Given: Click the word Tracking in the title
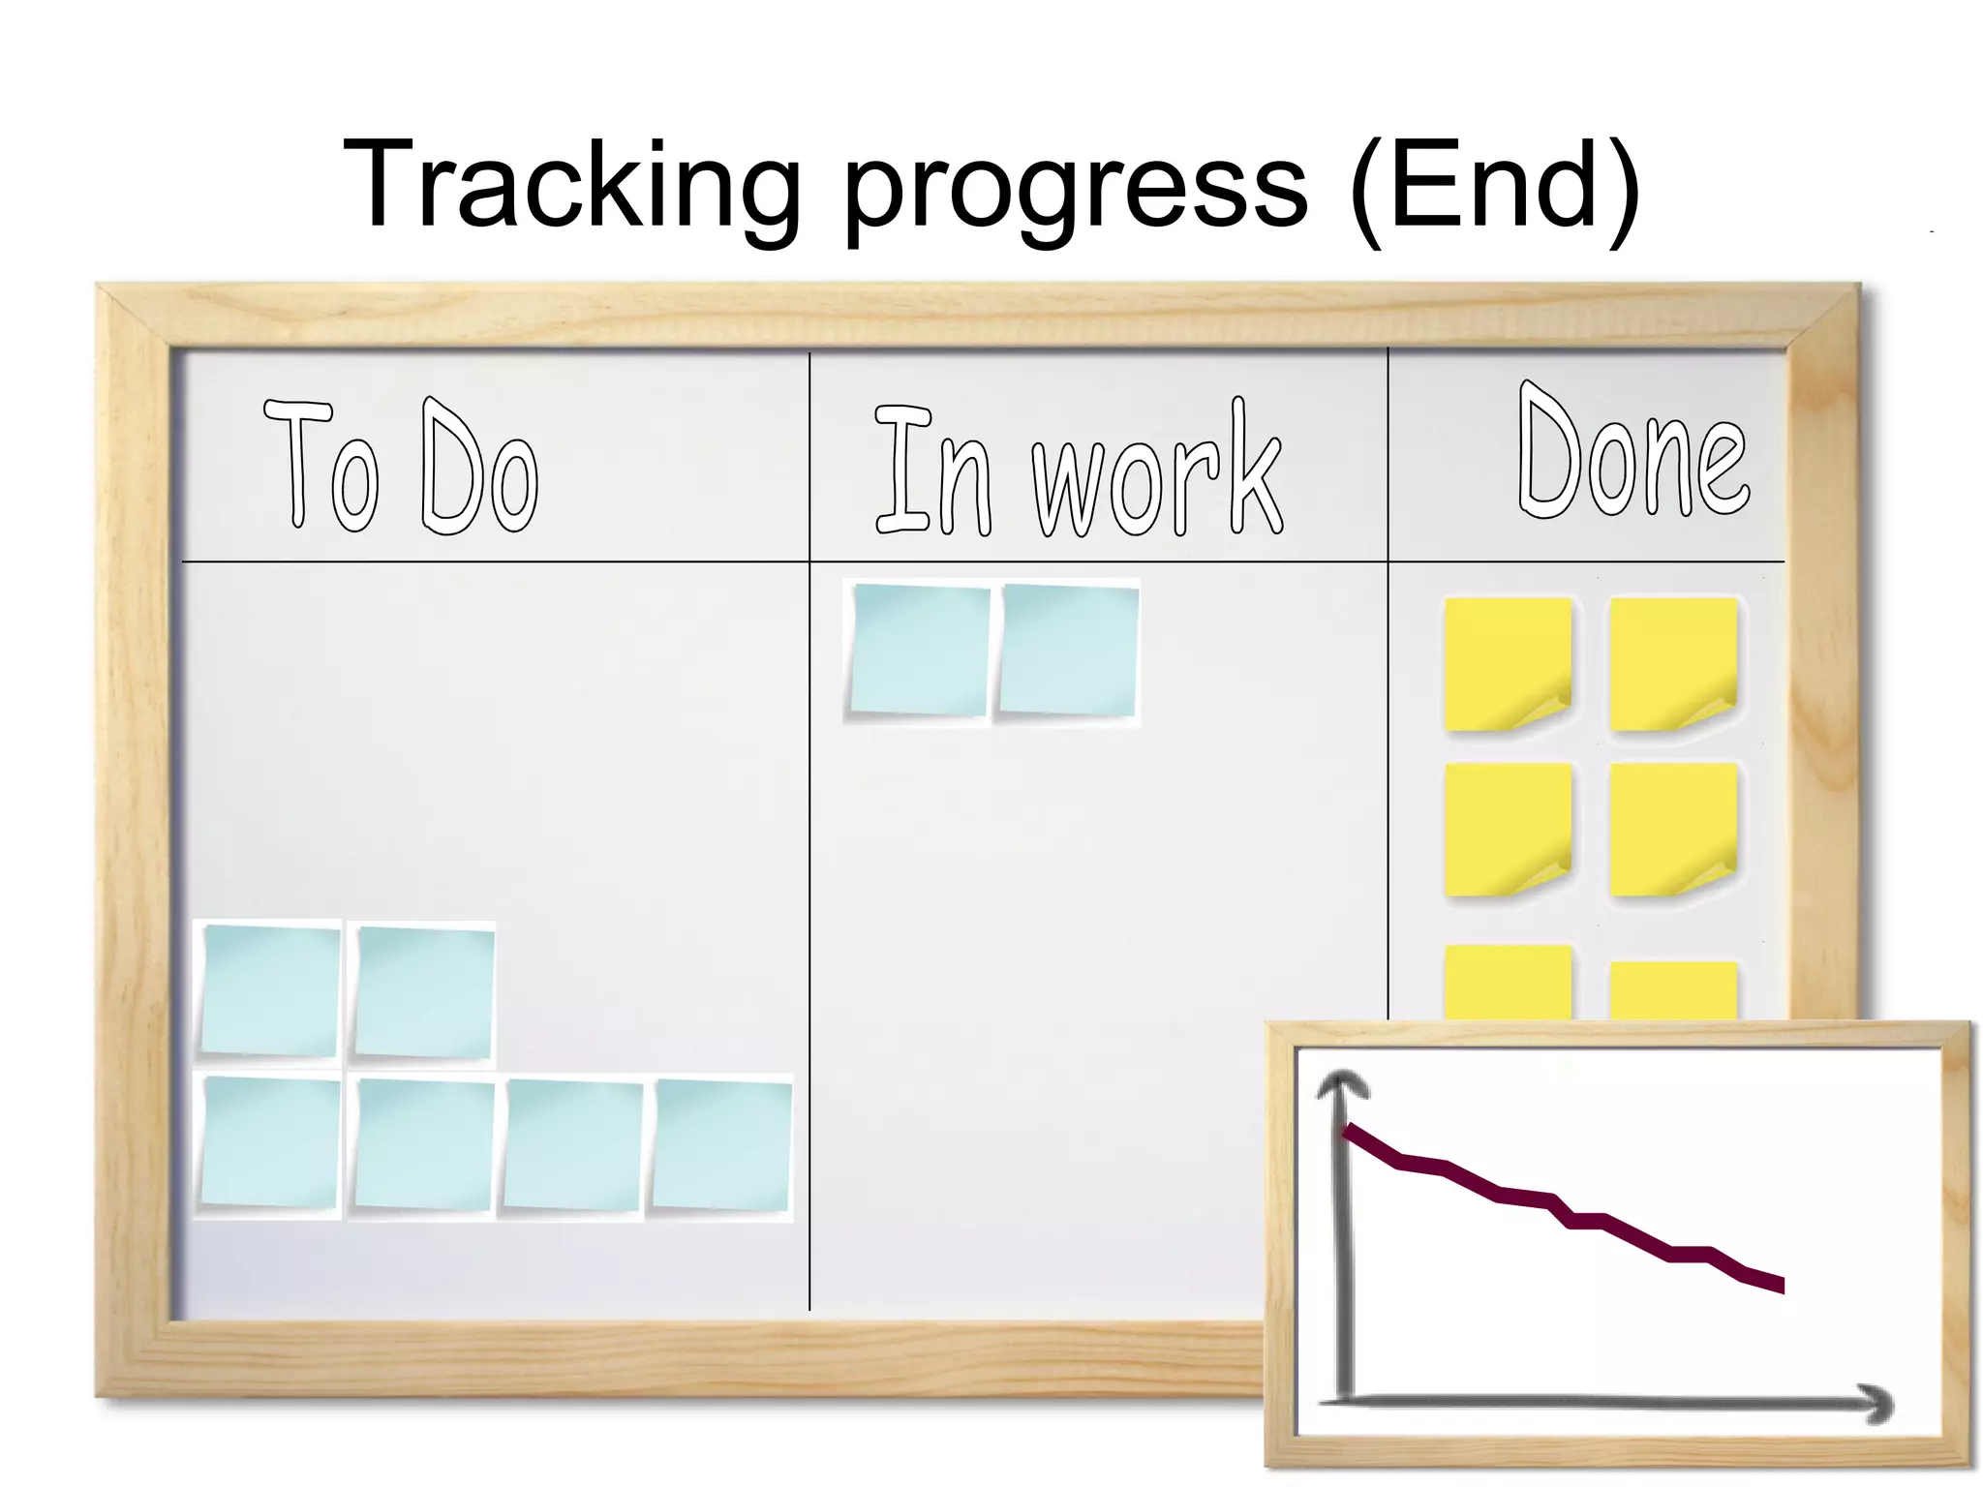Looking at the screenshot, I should tap(571, 186).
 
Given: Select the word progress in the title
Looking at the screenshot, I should tap(1076, 190).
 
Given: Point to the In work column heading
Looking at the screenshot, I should tap(1078, 470).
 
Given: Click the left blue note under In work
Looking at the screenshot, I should tap(919, 650).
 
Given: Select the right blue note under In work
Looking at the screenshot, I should tap(1068, 650).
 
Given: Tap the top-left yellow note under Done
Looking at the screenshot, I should tap(1507, 663).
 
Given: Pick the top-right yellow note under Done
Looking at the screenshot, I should tap(1672, 663).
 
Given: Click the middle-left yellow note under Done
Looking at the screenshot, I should tap(1507, 829).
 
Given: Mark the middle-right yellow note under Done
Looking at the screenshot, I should tap(1672, 829).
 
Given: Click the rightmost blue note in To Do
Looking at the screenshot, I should tap(722, 1145).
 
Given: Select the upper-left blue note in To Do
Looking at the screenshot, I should tap(270, 990).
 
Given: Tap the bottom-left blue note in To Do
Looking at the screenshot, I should tap(270, 1142).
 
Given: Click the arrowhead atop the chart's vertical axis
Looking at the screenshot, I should tap(1342, 1084).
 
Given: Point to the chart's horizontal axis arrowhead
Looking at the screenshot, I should tap(1876, 1403).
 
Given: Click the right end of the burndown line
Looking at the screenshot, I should tap(1780, 1286).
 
